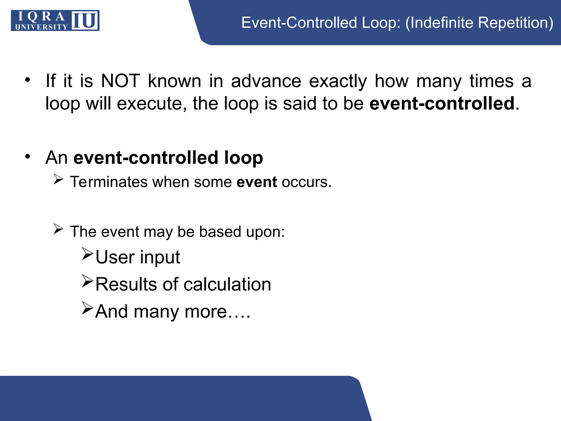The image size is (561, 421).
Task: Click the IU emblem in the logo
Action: (85, 21)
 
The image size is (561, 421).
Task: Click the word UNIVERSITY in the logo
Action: (41, 27)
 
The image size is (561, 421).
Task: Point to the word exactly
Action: (337, 81)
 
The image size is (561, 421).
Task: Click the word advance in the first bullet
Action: (266, 81)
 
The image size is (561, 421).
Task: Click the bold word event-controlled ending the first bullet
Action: (442, 103)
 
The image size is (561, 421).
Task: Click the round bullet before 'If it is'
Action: (27, 80)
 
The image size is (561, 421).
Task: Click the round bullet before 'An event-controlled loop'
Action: (27, 157)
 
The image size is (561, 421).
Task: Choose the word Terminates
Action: (109, 182)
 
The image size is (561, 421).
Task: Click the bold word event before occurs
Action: (257, 182)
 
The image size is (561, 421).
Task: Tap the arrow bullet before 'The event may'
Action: (58, 229)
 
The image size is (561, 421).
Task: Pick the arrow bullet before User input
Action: (88, 254)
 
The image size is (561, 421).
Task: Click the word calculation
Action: (227, 284)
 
